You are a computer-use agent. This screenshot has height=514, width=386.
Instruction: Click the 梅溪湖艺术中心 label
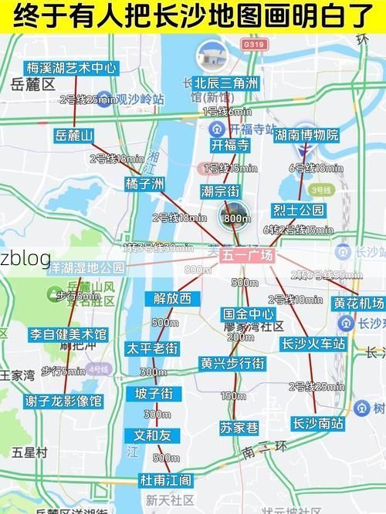coord(70,69)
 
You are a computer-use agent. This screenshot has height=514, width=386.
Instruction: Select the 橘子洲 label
coord(145,183)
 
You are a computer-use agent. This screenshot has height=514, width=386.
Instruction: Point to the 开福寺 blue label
coord(230,146)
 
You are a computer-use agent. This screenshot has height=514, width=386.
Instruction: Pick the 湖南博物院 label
coord(306,136)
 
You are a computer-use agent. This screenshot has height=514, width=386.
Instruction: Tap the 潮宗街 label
coord(220,191)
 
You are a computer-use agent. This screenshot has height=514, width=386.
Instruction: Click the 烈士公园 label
coord(298,210)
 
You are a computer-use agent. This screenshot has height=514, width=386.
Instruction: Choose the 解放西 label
coord(172,298)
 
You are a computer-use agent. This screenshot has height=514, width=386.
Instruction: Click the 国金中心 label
coord(249,314)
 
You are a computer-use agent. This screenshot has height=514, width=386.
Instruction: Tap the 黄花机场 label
coord(359,303)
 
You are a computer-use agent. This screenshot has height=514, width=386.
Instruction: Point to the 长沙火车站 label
coord(313,344)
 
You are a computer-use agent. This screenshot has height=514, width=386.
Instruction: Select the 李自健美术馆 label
coord(68,334)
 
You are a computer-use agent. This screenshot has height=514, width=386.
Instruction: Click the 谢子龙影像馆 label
coord(63,401)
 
